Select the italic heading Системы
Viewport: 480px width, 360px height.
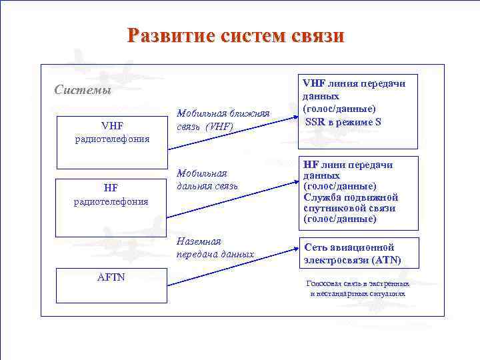[x=83, y=90]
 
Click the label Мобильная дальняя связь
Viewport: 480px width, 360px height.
[x=207, y=179]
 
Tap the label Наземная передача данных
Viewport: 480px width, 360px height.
[x=215, y=247]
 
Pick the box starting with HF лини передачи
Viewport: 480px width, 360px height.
[x=360, y=191]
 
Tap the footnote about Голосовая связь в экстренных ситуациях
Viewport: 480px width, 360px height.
[x=357, y=289]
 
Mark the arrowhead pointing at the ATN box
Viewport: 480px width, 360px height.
[x=293, y=251]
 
